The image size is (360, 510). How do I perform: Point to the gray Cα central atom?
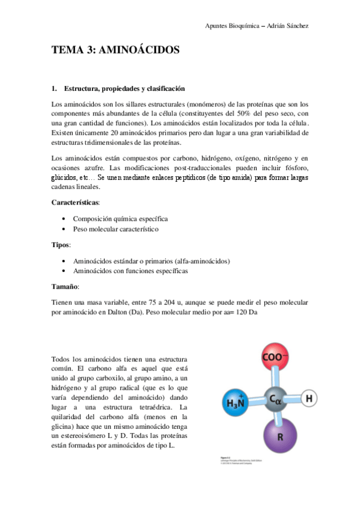[275, 398]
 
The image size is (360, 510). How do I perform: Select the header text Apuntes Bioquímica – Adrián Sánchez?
[257, 26]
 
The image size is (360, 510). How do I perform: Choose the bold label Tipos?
[61, 245]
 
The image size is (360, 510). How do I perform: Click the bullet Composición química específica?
[120, 219]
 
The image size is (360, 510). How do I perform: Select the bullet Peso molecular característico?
[116, 230]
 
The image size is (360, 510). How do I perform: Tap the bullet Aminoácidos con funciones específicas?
[130, 271]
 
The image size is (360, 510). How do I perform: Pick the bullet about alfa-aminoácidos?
[151, 260]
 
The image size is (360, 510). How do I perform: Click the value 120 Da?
[246, 313]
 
